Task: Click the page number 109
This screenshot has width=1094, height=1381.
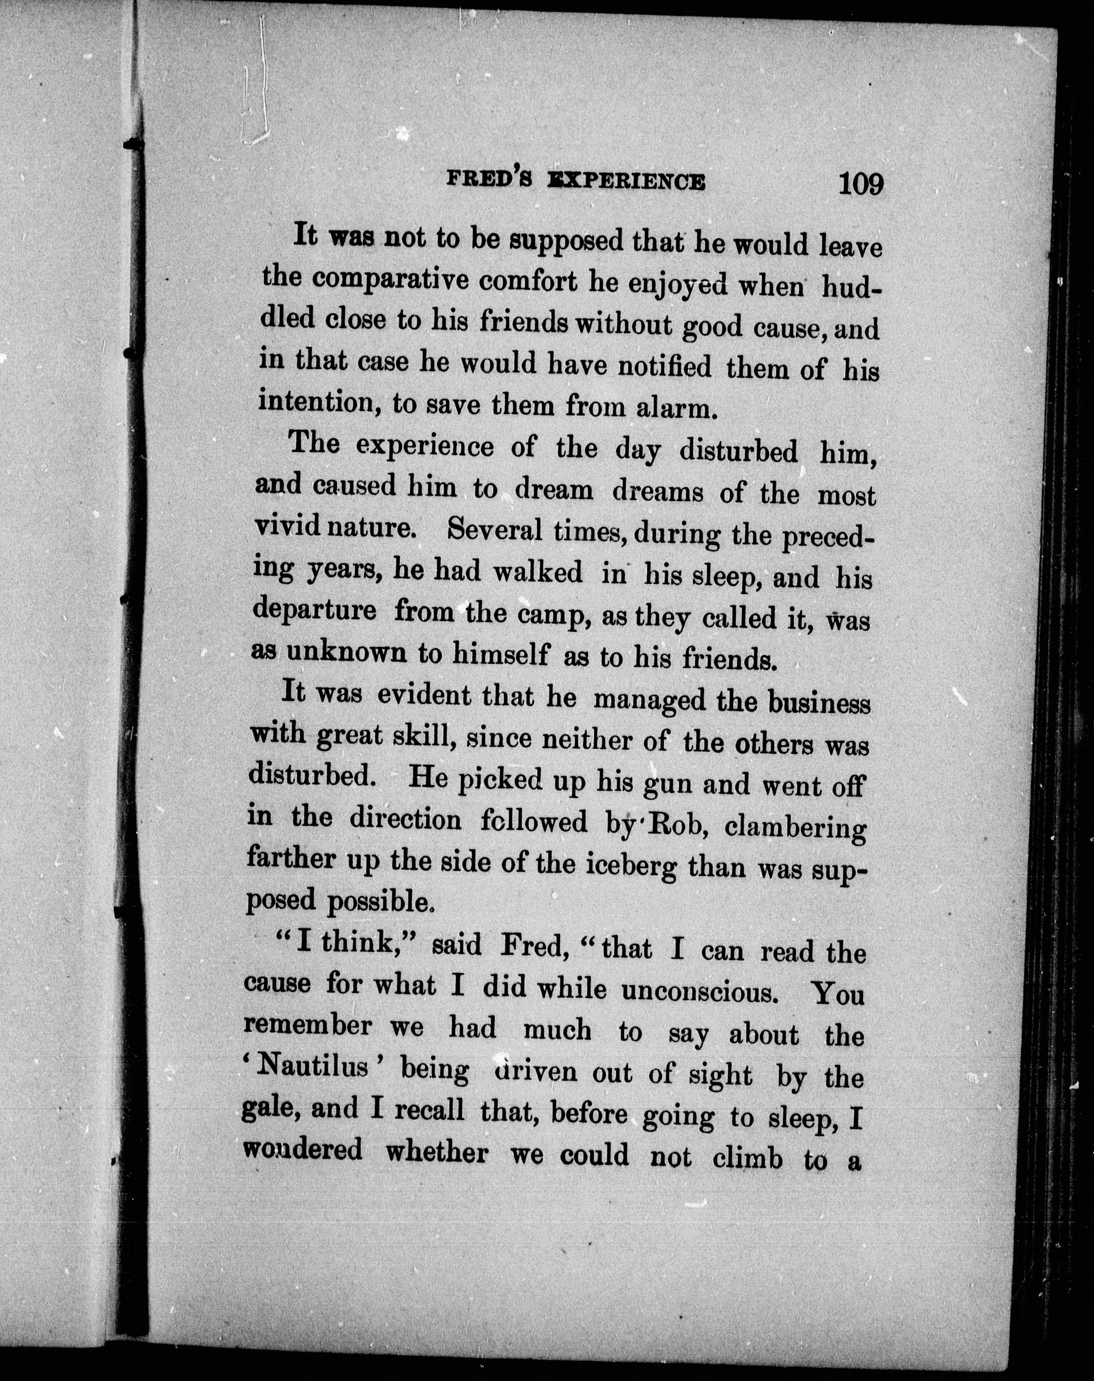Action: tap(860, 184)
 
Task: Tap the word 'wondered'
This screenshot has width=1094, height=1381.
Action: tap(303, 1150)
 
